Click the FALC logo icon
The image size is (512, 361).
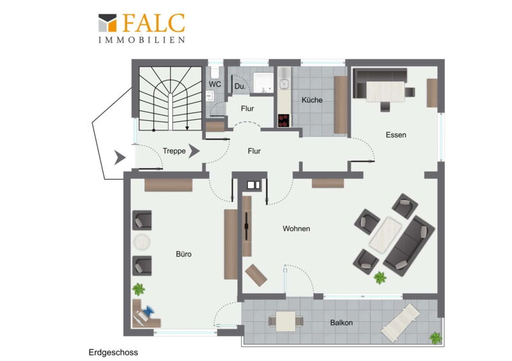pyautogui.click(x=108, y=23)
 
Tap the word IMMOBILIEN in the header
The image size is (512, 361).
pyautogui.click(x=142, y=40)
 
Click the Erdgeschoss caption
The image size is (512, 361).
pyautogui.click(x=113, y=353)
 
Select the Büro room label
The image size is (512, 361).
pyautogui.click(x=184, y=254)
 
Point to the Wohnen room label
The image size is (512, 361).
pyautogui.click(x=296, y=229)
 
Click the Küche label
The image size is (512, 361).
pyautogui.click(x=312, y=100)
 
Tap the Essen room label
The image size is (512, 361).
pyautogui.click(x=396, y=135)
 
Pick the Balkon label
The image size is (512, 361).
pyautogui.click(x=341, y=323)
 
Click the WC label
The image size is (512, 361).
pyautogui.click(x=215, y=84)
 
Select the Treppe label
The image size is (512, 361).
pyautogui.click(x=174, y=151)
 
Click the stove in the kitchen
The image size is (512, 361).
pyautogui.click(x=284, y=120)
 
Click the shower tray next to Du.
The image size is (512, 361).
pyautogui.click(x=263, y=83)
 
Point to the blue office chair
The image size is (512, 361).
pyautogui.click(x=148, y=311)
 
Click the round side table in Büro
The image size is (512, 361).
pyautogui.click(x=141, y=243)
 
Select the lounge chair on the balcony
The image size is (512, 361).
pyautogui.click(x=401, y=323)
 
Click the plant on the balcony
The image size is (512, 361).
pyautogui.click(x=435, y=338)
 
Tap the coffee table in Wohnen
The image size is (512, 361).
pyautogui.click(x=385, y=234)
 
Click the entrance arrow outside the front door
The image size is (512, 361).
pyautogui.click(x=120, y=158)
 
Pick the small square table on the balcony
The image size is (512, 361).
pyautogui.click(x=285, y=321)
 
